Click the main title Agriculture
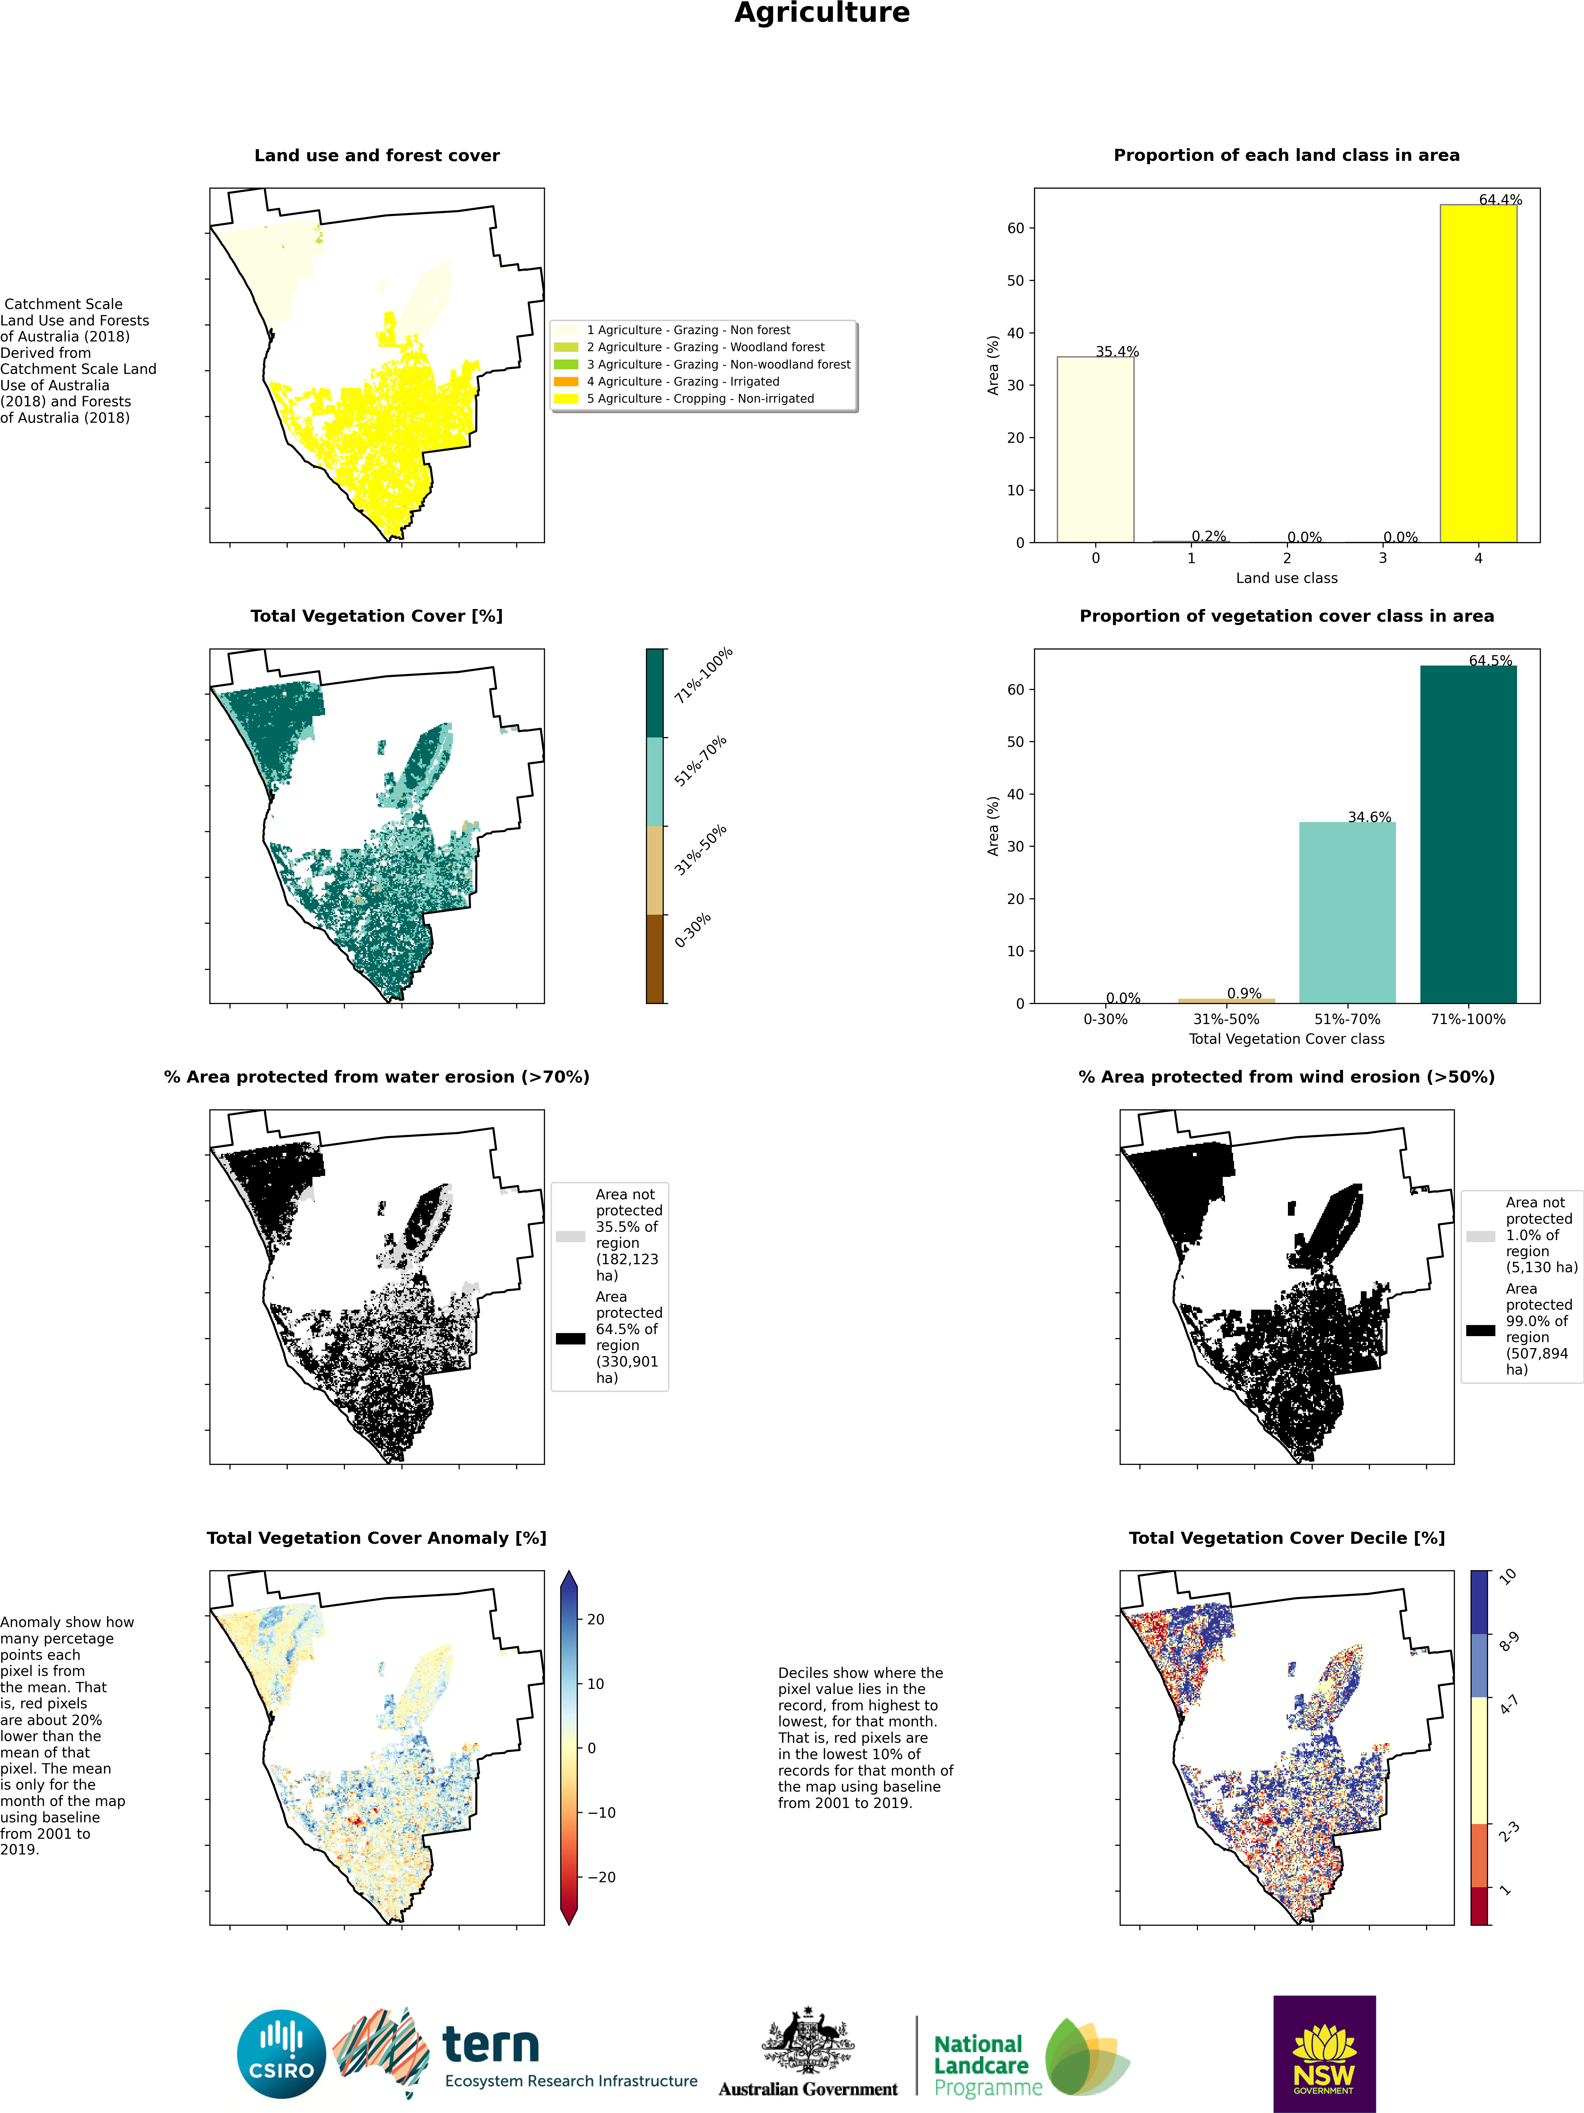coord(822,13)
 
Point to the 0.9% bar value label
coord(1244,993)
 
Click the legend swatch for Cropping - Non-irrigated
coord(567,398)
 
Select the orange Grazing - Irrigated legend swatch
coord(567,381)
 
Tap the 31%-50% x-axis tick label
coord(1226,1019)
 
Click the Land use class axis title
coord(1286,578)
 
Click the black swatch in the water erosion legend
coord(570,1338)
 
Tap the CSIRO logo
coord(282,2054)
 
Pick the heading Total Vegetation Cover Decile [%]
coord(1286,1538)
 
